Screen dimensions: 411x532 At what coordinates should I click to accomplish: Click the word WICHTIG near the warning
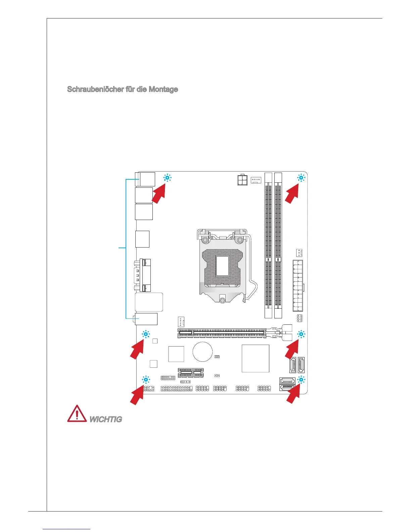tap(105, 419)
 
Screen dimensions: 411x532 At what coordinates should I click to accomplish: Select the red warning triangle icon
tap(77, 414)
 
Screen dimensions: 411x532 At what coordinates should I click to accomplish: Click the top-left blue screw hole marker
tap(167, 178)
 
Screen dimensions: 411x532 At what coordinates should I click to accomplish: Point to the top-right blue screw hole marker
tap(301, 178)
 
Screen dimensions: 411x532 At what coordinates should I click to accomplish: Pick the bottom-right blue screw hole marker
tap(301, 380)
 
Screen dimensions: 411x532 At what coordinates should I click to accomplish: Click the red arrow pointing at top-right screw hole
tap(292, 194)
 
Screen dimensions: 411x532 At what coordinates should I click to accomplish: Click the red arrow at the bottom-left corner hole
tap(137, 396)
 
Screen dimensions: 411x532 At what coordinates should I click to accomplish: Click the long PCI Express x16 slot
tap(222, 333)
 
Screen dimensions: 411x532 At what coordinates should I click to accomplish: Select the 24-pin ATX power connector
tap(298, 286)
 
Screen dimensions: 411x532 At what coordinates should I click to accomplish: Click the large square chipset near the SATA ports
tap(255, 358)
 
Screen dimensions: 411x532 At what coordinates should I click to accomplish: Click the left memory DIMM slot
tap(268, 245)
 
